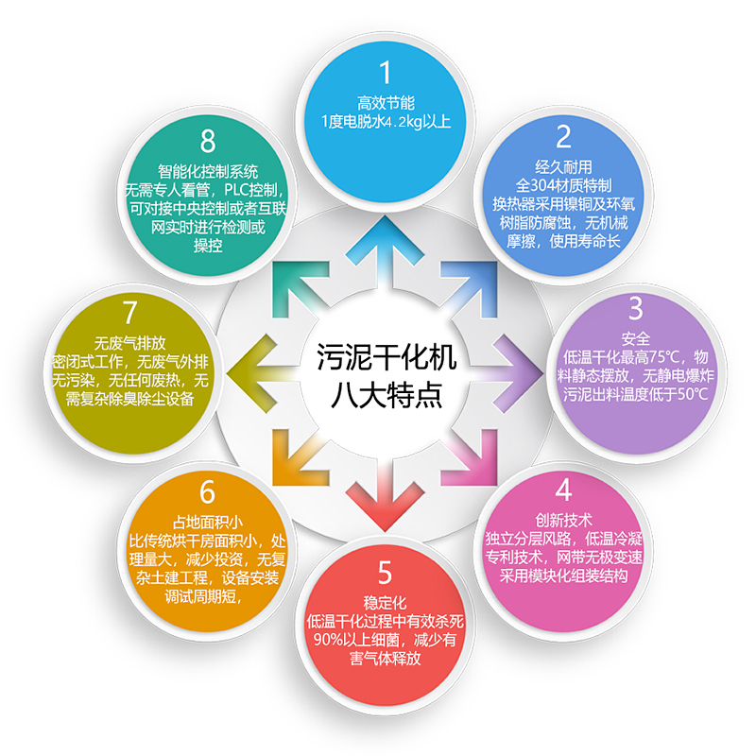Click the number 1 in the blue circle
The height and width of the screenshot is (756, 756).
386,73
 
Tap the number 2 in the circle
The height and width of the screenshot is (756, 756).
563,137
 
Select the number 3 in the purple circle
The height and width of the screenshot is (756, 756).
636,308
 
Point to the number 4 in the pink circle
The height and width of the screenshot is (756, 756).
563,490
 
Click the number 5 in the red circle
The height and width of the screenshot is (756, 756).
385,573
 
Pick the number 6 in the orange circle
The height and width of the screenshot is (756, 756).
207,491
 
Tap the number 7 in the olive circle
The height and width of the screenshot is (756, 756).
129,313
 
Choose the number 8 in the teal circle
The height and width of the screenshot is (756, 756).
208,141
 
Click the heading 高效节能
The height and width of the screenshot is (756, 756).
386,103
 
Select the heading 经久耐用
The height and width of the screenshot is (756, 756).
563,167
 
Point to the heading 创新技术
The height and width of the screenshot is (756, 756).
563,520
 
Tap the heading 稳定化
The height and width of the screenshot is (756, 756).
385,603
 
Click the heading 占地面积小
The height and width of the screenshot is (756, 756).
207,523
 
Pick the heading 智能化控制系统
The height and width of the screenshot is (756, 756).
208,171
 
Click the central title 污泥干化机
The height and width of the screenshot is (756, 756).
387,357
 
